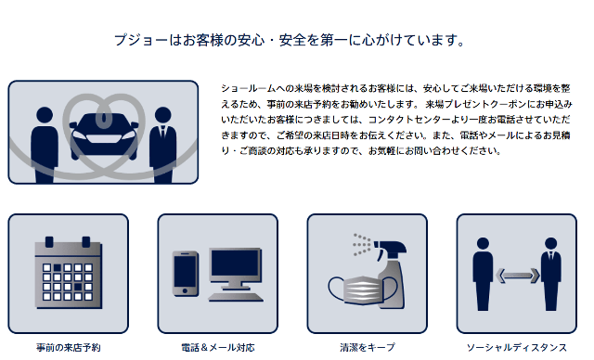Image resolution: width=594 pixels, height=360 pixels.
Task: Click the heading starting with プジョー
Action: (x=288, y=41)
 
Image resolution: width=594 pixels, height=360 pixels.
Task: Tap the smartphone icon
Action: (x=186, y=274)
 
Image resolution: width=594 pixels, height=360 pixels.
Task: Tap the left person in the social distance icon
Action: (x=482, y=274)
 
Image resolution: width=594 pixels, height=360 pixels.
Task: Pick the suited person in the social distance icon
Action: (x=551, y=274)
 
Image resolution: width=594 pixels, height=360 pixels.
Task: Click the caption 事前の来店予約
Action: (x=68, y=348)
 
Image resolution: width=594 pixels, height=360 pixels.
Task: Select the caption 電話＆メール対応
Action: (x=217, y=348)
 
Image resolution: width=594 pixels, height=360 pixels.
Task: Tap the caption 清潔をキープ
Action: (x=367, y=348)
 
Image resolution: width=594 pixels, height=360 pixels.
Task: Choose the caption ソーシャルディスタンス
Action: (x=516, y=348)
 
